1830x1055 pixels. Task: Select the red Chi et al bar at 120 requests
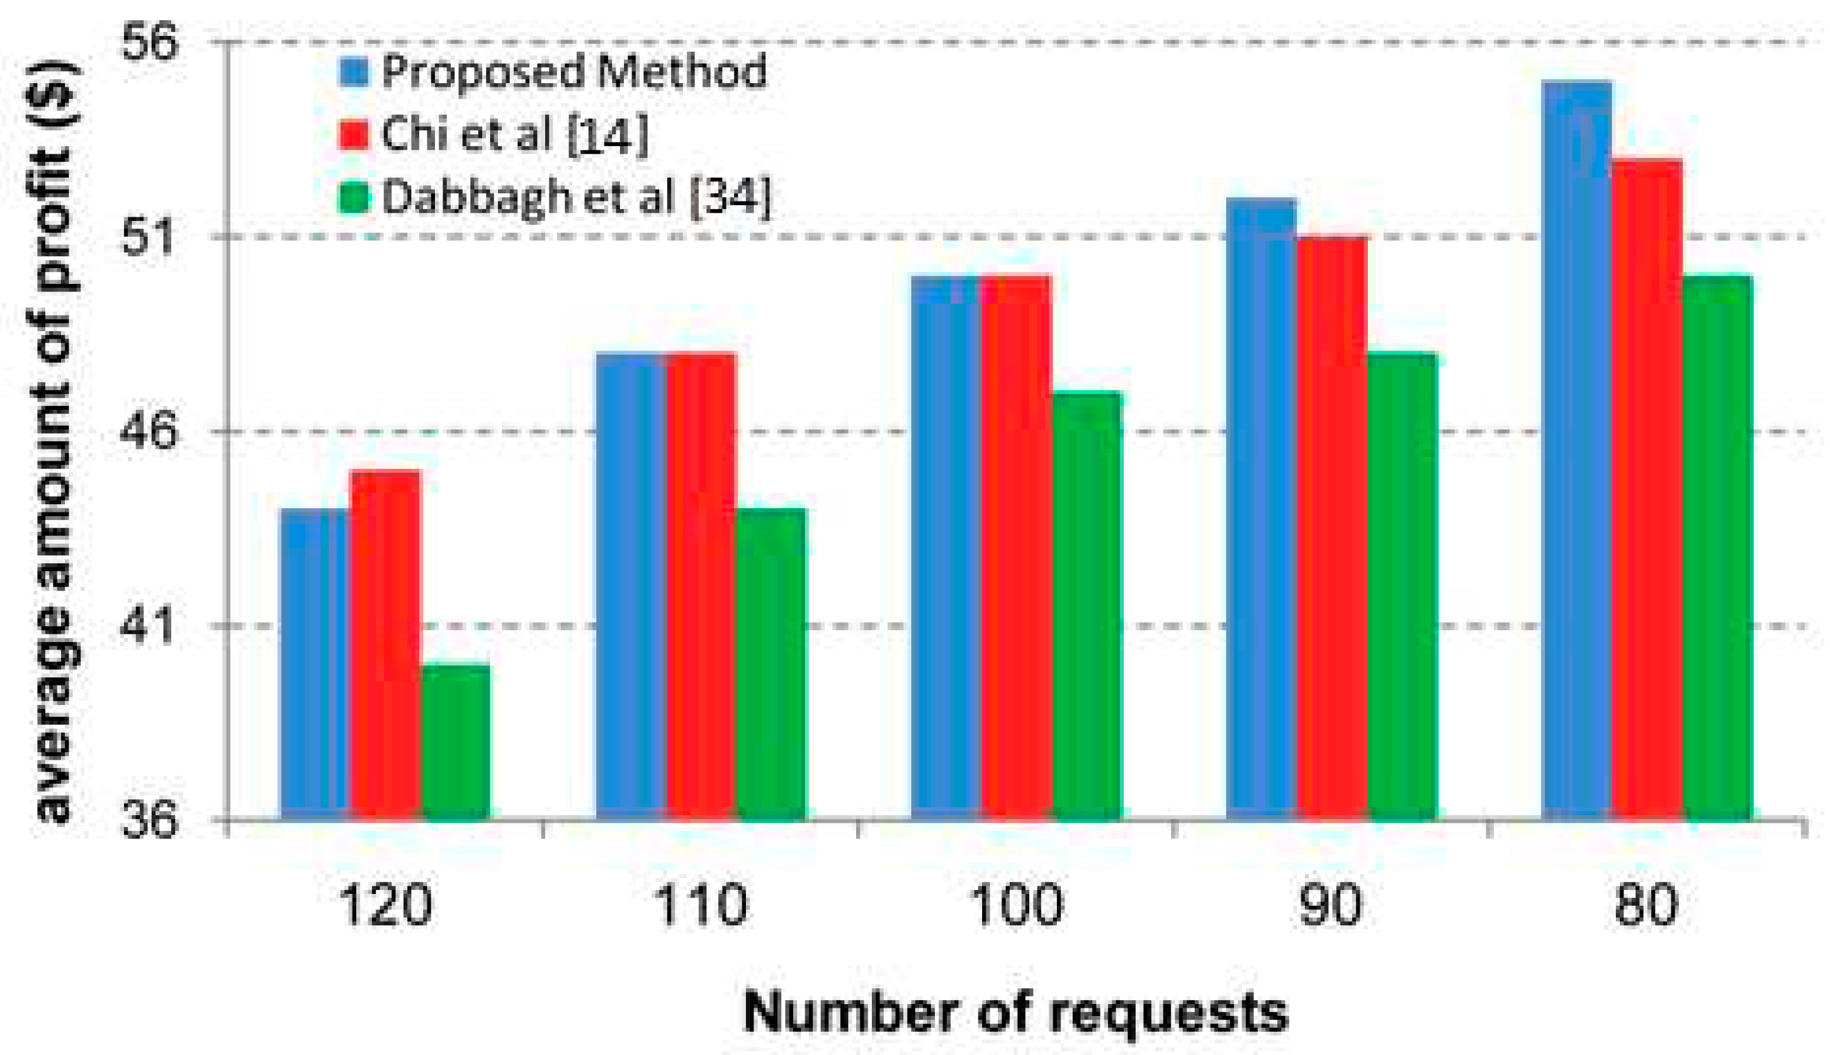(385, 645)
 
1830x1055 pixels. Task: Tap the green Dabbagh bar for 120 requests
(455, 742)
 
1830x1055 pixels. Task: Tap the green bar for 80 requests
(1717, 548)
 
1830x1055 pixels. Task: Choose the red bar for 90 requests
(1331, 528)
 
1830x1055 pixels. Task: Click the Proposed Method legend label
(573, 72)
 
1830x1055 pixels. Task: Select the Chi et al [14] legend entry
(514, 134)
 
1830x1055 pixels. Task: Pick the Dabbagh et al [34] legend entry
(577, 196)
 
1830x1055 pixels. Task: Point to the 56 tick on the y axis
(149, 43)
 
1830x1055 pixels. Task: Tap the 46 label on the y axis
(149, 432)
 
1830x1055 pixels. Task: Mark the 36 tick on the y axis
(149, 821)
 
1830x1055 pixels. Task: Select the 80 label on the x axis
(1646, 905)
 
